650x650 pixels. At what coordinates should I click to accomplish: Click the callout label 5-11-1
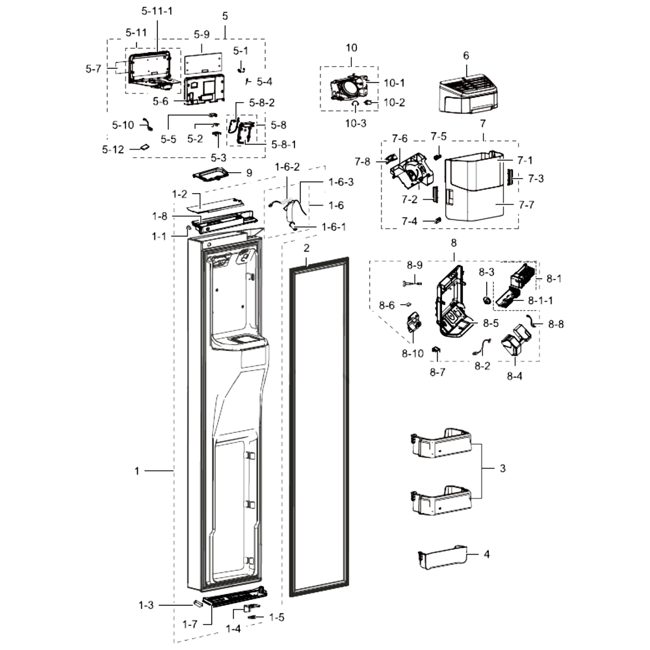pyautogui.click(x=157, y=11)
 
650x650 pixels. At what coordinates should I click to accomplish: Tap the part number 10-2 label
pyautogui.click(x=394, y=103)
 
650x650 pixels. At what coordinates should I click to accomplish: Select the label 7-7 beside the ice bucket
pyautogui.click(x=526, y=205)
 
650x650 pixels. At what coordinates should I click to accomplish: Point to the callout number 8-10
pyautogui.click(x=413, y=353)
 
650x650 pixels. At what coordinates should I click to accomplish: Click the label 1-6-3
pyautogui.click(x=341, y=182)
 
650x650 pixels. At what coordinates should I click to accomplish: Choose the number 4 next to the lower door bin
pyautogui.click(x=487, y=554)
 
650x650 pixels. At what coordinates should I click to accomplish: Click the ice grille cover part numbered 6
pyautogui.click(x=468, y=95)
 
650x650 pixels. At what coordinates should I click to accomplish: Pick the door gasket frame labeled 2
pyautogui.click(x=318, y=427)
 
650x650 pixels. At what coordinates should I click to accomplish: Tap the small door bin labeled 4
pyautogui.click(x=442, y=558)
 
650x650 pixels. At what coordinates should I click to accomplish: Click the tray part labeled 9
pyautogui.click(x=211, y=174)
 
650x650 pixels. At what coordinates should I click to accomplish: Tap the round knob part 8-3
pyautogui.click(x=487, y=300)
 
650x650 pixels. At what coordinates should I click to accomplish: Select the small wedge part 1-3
pyautogui.click(x=198, y=603)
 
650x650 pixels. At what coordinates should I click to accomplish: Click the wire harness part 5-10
pyautogui.click(x=146, y=125)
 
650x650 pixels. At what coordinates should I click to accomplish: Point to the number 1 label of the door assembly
pyautogui.click(x=136, y=471)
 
